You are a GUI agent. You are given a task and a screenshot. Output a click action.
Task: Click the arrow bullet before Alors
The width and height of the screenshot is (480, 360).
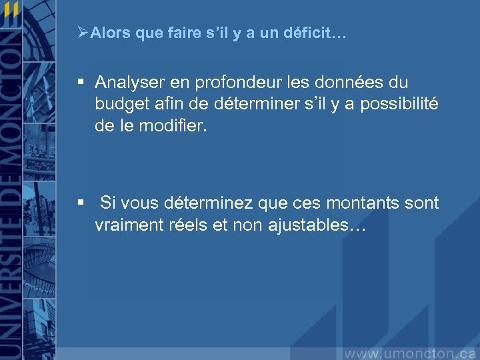click(83, 32)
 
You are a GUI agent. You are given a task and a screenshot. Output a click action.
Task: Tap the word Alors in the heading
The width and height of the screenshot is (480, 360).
click(110, 33)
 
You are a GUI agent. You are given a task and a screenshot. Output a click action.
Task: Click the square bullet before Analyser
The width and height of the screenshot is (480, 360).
click(81, 83)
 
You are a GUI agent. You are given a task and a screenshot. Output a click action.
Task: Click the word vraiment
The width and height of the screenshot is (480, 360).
click(127, 225)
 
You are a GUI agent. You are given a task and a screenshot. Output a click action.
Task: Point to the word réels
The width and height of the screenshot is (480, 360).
click(187, 225)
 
